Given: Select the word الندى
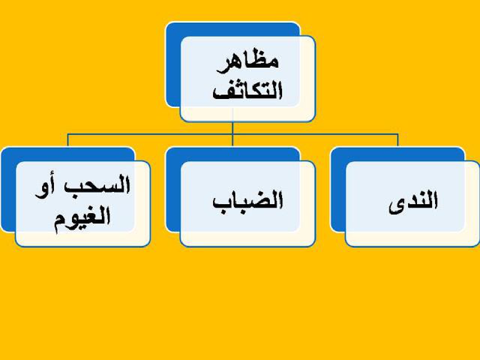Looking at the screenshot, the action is pyautogui.click(x=413, y=202).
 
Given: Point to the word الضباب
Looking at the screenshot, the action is pyautogui.click(x=248, y=202).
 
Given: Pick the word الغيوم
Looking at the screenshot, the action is pyautogui.click(x=82, y=221).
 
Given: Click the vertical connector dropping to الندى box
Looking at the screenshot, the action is pyautogui.click(x=398, y=140).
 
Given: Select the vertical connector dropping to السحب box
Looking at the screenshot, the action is pyautogui.click(x=68, y=140).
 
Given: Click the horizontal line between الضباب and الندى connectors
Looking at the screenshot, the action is pyautogui.click(x=315, y=134).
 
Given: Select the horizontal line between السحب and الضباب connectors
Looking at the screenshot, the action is pyautogui.click(x=150, y=134).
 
